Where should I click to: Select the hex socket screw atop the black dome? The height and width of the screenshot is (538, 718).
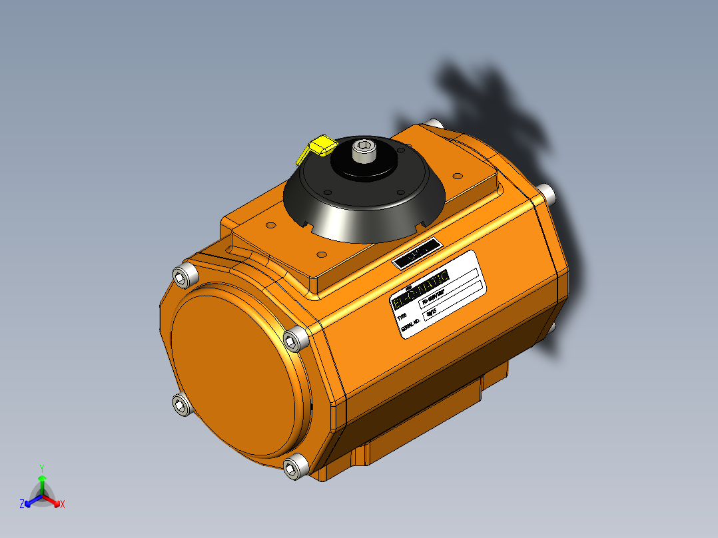pyautogui.click(x=363, y=150)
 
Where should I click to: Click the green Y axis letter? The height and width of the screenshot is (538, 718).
pyautogui.click(x=41, y=468)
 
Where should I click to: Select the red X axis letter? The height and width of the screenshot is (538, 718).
pyautogui.click(x=62, y=505)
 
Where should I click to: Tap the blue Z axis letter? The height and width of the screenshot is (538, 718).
pyautogui.click(x=22, y=505)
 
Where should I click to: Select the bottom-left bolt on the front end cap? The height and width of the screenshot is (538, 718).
pyautogui.click(x=181, y=403)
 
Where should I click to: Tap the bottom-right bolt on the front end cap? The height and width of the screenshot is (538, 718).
pyautogui.click(x=294, y=468)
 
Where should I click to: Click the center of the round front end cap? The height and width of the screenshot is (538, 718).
pyautogui.click(x=237, y=376)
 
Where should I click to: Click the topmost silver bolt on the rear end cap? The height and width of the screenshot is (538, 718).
pyautogui.click(x=434, y=124)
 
